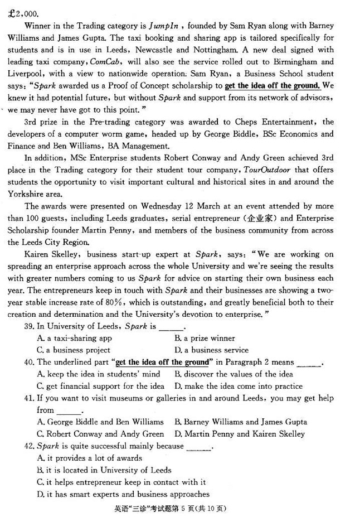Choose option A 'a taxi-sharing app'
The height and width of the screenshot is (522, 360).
[74, 338]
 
